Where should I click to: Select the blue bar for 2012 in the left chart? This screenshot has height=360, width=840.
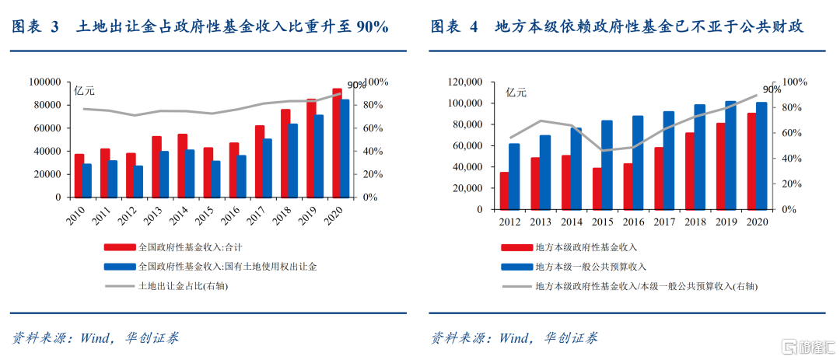tap(138, 182)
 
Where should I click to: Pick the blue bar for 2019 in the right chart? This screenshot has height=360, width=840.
tap(730, 155)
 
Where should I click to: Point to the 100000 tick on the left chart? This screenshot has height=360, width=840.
tap(44, 82)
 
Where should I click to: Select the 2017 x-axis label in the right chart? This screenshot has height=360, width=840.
tap(664, 222)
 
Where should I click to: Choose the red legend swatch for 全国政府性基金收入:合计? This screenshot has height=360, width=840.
tap(120, 247)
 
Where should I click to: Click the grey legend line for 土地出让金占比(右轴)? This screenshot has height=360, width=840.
tap(120, 285)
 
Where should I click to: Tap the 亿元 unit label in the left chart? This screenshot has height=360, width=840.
tap(84, 92)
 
